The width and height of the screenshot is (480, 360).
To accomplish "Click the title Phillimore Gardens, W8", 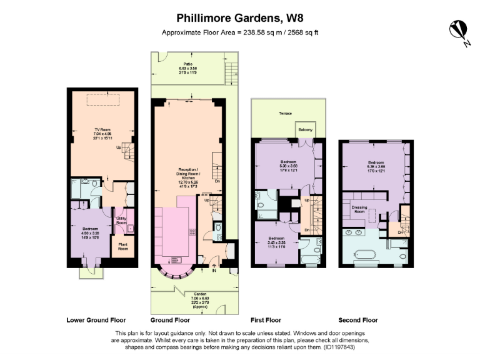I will pos(240,18).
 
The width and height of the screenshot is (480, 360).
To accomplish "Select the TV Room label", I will pos(102,132).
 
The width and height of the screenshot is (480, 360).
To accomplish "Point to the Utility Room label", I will pos(122,220).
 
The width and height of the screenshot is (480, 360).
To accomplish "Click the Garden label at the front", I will pos(200,296).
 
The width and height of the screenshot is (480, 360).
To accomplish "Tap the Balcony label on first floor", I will pos(306,130).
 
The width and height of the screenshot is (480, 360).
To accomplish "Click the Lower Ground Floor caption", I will pos(96,319).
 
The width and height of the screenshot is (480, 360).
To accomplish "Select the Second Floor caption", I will pos(358,319).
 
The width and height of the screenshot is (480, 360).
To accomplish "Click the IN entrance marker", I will pos(214,271).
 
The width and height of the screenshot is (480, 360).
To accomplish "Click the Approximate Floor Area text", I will pos(240,32).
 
